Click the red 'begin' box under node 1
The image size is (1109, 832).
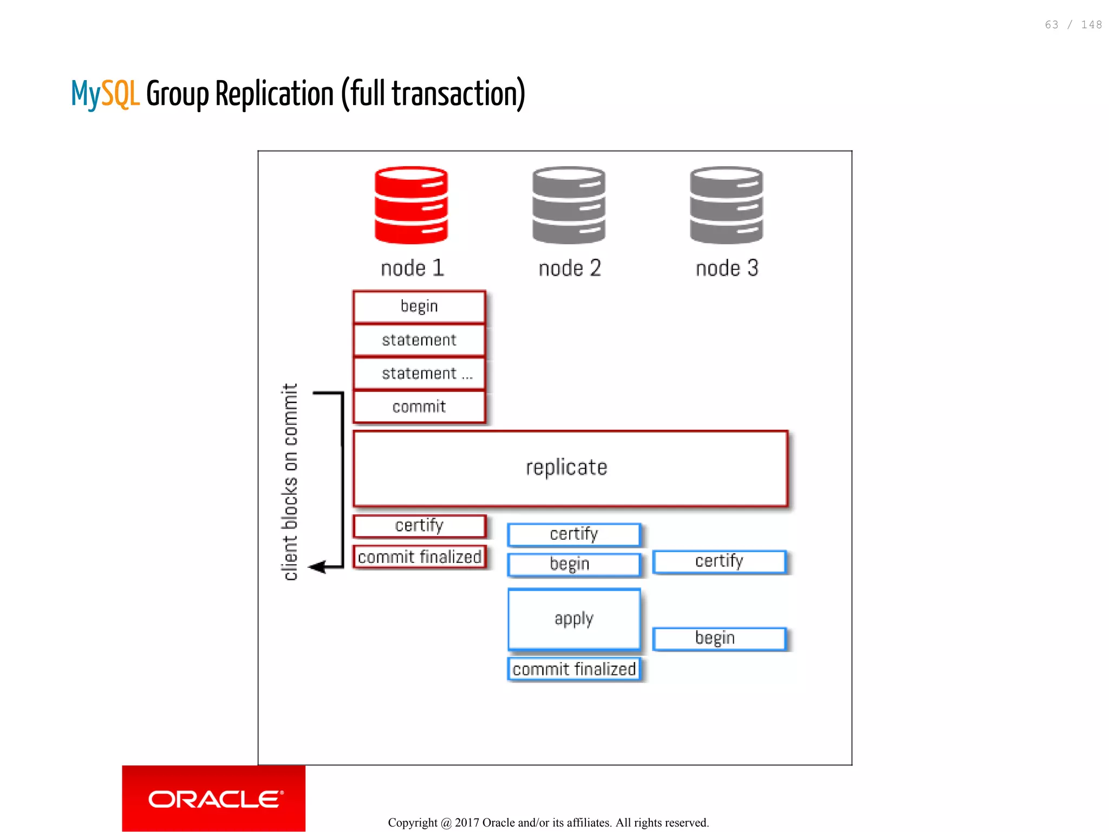coord(419,306)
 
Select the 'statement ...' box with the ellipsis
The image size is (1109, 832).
coord(419,374)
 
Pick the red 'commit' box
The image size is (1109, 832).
coord(419,407)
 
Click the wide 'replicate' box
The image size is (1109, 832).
coord(570,468)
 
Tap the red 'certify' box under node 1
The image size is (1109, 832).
coord(419,526)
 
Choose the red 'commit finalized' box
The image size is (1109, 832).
coord(419,556)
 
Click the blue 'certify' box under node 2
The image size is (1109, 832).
coord(574,534)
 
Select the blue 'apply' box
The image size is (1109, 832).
coord(574,619)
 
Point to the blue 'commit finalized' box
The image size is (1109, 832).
coord(574,669)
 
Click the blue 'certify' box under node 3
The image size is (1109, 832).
coord(719,561)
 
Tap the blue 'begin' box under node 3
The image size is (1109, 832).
coord(719,638)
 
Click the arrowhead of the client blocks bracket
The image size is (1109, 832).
coord(317,567)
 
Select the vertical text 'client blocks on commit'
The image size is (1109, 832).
coord(290,482)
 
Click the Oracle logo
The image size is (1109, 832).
coord(214,798)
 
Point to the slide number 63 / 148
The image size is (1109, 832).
coord(1073,25)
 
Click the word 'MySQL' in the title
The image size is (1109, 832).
coord(106,94)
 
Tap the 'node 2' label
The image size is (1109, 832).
coord(570,268)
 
